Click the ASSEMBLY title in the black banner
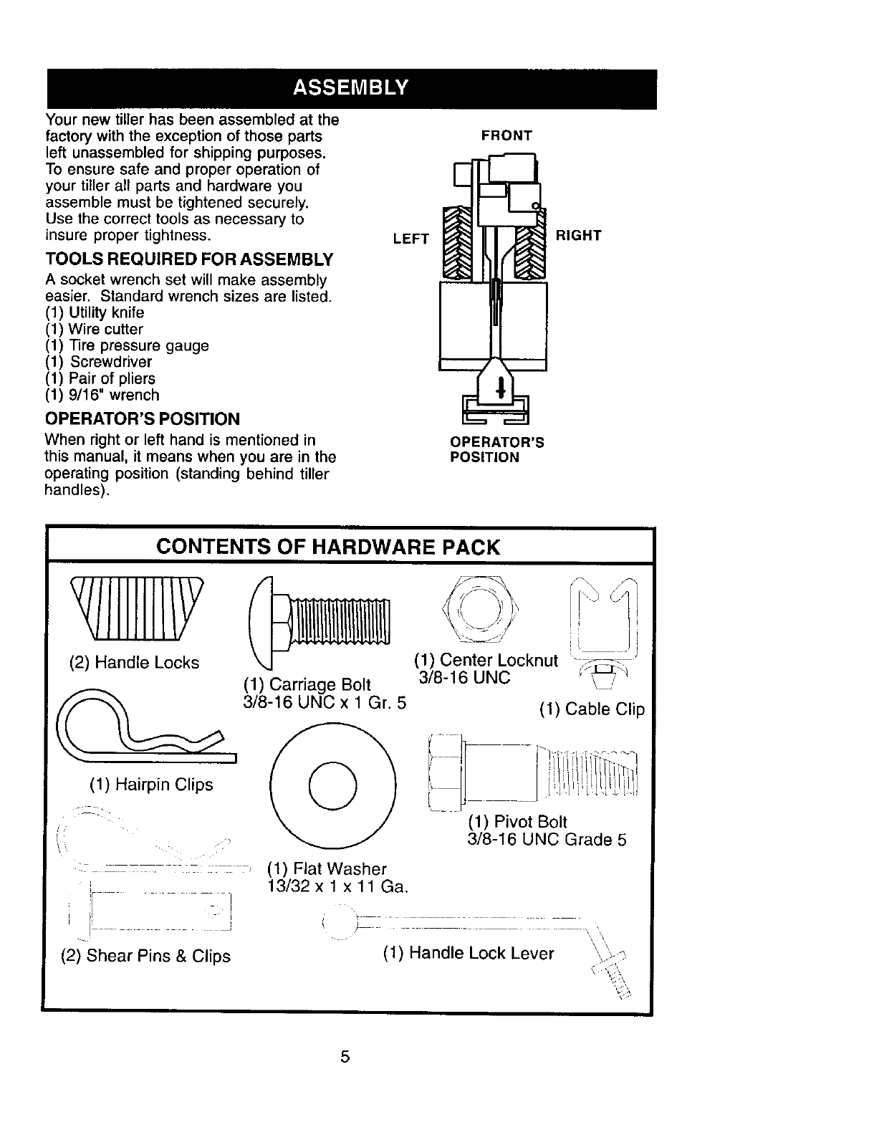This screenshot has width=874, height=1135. point(350,88)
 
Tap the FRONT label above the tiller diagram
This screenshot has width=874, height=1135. point(506,135)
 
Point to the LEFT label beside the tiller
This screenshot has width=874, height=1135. point(410,239)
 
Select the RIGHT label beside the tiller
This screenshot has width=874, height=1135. point(578,235)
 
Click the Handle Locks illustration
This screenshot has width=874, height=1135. point(136,608)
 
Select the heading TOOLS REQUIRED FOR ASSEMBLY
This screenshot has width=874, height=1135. point(189,258)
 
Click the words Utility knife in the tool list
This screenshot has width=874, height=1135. point(107,313)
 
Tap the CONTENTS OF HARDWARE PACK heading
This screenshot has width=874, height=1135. point(327,547)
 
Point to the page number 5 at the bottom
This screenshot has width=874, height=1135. point(345,1056)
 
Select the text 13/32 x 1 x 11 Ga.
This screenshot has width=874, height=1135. point(337,887)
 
